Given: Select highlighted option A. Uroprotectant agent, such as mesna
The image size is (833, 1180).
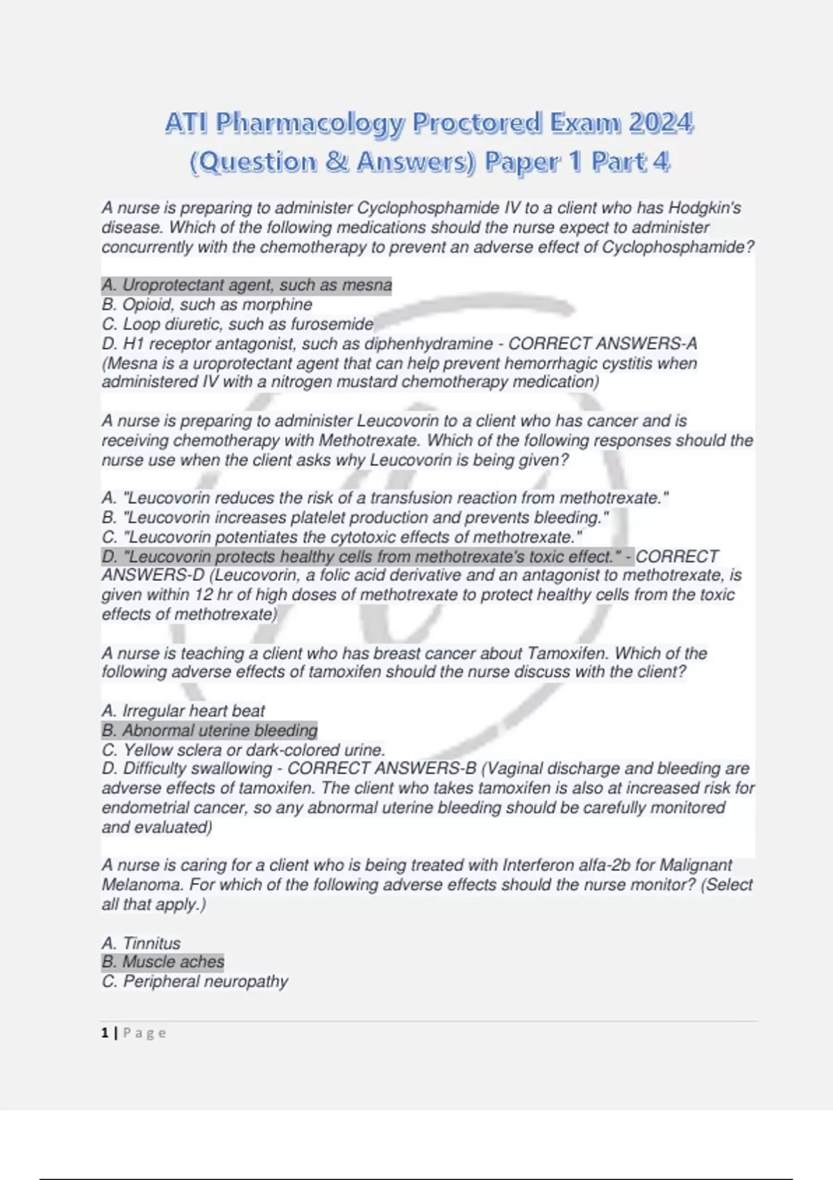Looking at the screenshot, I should pyautogui.click(x=246, y=285).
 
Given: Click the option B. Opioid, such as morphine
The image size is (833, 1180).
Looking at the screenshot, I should pyautogui.click(x=207, y=305).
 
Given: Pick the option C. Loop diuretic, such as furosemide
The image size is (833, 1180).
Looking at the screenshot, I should pyautogui.click(x=237, y=324).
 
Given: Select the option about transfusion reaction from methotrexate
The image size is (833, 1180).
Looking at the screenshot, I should pyautogui.click(x=385, y=498).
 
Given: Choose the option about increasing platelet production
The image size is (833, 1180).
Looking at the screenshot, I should pyautogui.click(x=355, y=518).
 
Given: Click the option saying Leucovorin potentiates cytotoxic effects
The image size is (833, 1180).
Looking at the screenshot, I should pyautogui.click(x=342, y=537).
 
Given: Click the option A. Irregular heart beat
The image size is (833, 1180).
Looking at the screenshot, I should pyautogui.click(x=183, y=711).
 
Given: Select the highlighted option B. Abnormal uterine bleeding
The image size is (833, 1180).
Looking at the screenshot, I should pyautogui.click(x=209, y=730).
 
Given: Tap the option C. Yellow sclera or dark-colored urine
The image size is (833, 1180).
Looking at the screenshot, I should pyautogui.click(x=243, y=750).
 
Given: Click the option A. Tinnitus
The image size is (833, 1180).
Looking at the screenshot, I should pyautogui.click(x=141, y=943).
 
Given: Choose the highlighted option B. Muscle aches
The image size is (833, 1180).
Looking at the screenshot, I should pyautogui.click(x=162, y=962).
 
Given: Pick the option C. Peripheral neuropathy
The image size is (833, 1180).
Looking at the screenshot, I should pyautogui.click(x=194, y=981).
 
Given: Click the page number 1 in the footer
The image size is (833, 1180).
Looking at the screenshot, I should pyautogui.click(x=105, y=1033).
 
